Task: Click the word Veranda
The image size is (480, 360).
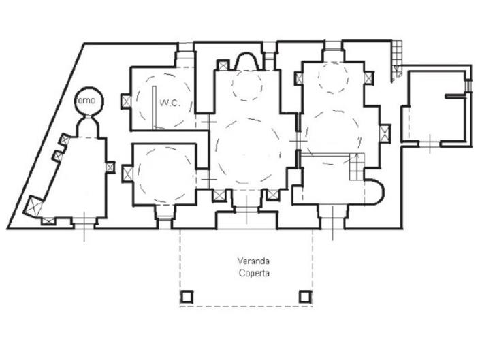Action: (252, 261)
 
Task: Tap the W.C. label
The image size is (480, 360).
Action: (169, 103)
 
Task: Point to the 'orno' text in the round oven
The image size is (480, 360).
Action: (89, 101)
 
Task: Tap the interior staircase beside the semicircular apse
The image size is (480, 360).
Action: (355, 167)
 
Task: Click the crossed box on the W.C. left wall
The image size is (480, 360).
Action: (125, 101)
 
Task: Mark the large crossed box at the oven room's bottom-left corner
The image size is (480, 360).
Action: (33, 205)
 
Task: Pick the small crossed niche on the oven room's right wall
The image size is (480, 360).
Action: (110, 165)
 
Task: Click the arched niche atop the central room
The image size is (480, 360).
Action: (247, 61)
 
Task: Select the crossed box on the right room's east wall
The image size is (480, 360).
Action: (385, 133)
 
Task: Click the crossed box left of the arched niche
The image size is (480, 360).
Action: (223, 65)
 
